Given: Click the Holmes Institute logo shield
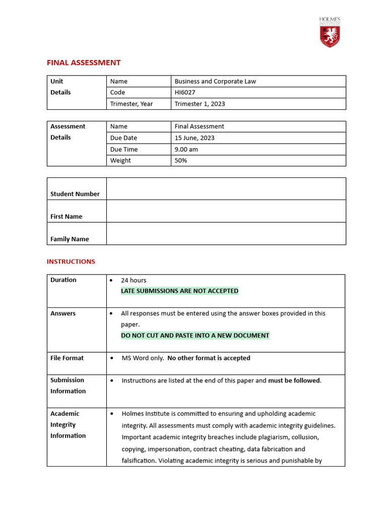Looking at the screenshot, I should (330, 36).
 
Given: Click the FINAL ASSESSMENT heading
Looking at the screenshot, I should (84, 62).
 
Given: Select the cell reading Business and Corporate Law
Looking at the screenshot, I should (215, 81).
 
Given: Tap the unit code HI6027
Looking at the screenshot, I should (185, 92).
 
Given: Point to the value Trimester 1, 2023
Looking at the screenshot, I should (200, 104).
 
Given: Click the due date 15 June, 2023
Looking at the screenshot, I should (193, 138).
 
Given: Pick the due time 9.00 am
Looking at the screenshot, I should (188, 149).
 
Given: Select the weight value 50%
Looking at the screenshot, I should (181, 160).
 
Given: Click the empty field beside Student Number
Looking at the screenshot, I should (226, 189).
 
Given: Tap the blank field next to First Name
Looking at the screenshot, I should (226, 211).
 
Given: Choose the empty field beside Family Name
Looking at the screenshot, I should (226, 234).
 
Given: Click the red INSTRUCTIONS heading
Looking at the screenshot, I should (71, 262).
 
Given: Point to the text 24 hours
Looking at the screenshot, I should (134, 280).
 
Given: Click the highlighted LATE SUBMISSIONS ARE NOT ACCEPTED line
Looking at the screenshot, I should (179, 291).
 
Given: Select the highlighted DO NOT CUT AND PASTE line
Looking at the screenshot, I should (195, 335).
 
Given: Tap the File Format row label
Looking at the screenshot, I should (67, 358).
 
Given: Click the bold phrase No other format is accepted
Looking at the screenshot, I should (209, 358).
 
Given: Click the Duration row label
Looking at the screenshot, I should (63, 280).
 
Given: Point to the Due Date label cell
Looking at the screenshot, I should (123, 138).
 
